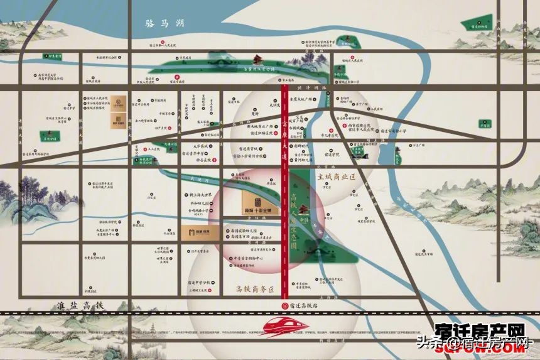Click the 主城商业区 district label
tap(337, 178)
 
